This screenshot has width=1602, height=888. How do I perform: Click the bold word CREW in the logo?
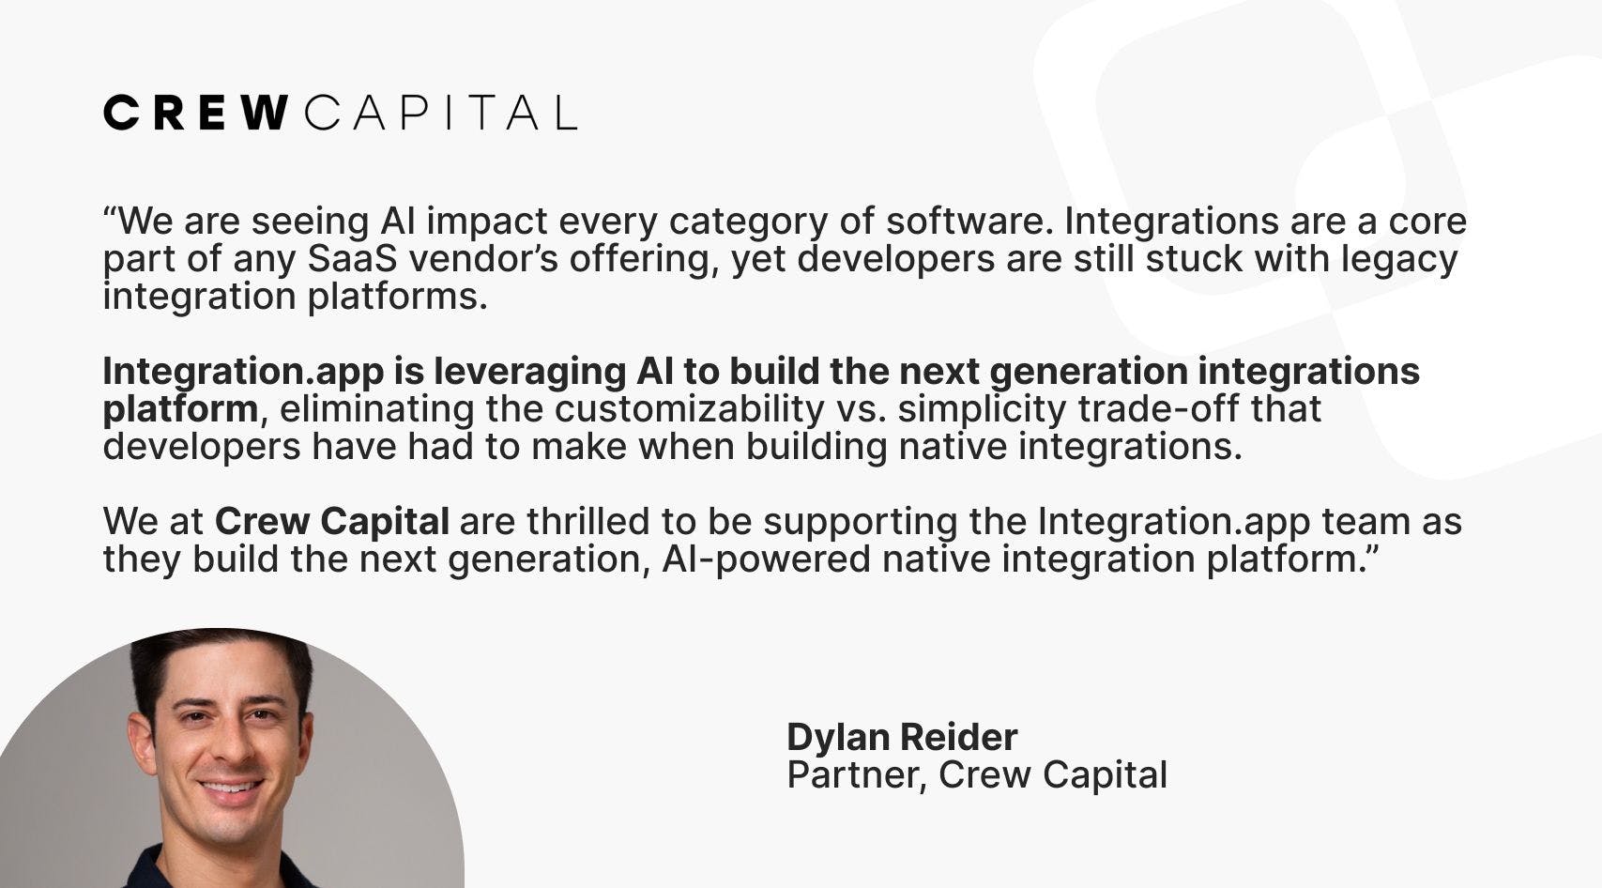pos(196,113)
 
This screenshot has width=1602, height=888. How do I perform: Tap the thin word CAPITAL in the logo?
pos(441,113)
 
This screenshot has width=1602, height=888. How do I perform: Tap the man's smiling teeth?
pos(230,788)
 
